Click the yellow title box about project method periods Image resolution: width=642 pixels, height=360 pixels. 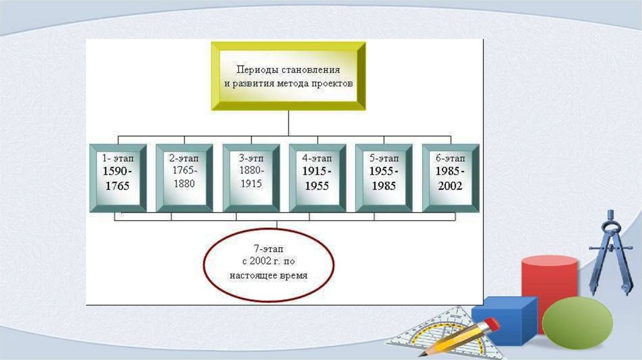point(288,75)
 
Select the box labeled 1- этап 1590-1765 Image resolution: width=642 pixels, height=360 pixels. point(118,177)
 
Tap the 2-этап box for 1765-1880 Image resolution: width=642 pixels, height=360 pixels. point(184,177)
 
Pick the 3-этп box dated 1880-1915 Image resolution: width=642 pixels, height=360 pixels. point(250,177)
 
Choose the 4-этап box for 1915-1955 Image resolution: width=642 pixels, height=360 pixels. point(317,177)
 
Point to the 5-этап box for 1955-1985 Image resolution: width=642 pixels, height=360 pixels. point(383,177)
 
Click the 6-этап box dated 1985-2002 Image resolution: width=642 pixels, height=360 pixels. point(450,177)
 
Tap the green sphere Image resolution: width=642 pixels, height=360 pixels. point(577,322)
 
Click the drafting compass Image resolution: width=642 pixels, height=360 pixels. point(609,251)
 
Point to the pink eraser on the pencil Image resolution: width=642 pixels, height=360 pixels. point(491,324)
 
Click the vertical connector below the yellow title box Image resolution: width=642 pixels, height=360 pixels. point(288,122)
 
